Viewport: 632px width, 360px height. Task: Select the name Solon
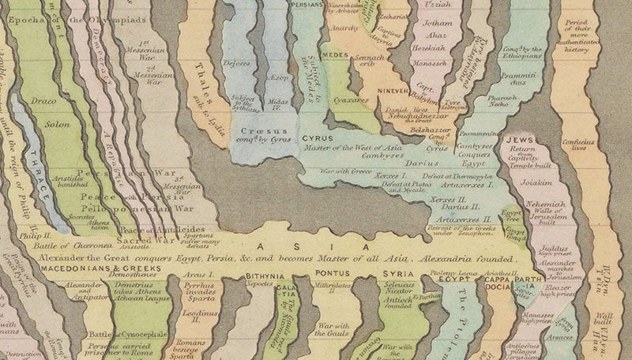[x=49, y=124]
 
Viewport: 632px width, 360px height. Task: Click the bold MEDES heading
[x=335, y=54]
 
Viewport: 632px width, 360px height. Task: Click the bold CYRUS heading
[x=320, y=138]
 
